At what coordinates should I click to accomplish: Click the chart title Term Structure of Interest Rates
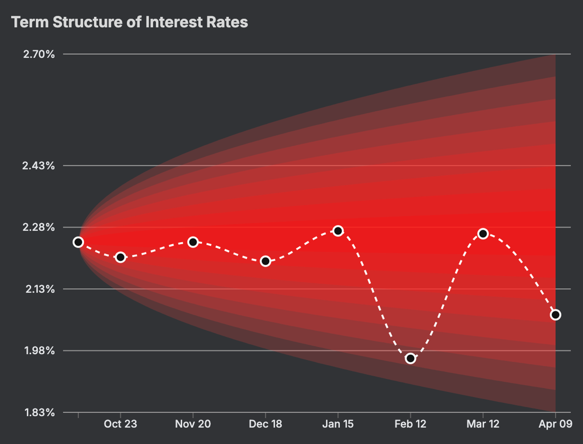point(129,22)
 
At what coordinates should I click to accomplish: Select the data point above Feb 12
point(410,358)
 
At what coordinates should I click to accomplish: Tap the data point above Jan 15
point(338,231)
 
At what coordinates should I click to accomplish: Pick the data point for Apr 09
point(555,315)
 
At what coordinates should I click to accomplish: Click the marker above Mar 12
point(483,234)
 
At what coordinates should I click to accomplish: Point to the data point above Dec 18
point(265,261)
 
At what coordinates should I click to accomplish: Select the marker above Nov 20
point(193,242)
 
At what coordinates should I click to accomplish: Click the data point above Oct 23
point(120,257)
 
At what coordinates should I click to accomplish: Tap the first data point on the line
point(78,242)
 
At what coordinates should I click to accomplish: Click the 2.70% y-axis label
point(39,54)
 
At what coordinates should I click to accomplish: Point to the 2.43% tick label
point(38,166)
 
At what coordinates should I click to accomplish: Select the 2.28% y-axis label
point(38,227)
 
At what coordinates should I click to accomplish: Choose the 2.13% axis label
point(40,289)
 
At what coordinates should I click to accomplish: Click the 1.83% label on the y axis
point(40,413)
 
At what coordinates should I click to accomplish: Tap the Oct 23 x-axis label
point(120,424)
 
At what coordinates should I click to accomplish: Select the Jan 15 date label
point(338,424)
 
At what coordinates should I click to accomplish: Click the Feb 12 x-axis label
point(410,424)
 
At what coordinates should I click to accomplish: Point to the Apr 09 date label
point(555,424)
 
